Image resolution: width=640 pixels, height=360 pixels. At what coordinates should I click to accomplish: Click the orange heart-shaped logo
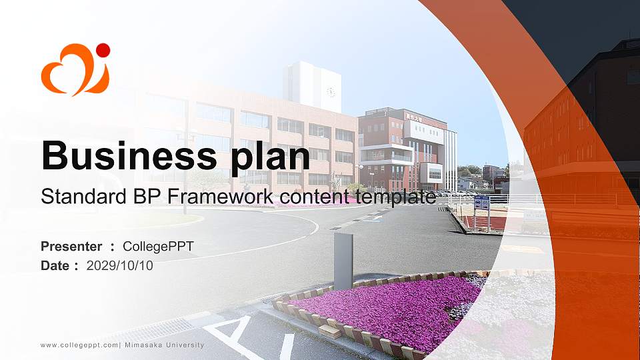click(x=73, y=72)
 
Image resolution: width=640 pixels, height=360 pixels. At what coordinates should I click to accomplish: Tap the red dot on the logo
click(x=103, y=50)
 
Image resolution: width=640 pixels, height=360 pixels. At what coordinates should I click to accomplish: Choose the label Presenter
click(x=71, y=247)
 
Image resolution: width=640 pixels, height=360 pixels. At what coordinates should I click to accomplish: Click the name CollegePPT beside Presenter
click(x=159, y=247)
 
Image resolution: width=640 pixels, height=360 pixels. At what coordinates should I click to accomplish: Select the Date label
click(x=55, y=265)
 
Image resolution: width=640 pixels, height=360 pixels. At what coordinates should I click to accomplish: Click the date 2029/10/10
click(x=120, y=265)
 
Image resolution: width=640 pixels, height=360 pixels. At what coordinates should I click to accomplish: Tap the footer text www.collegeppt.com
click(x=79, y=345)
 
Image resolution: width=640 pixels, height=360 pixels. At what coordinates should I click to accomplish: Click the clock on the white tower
click(x=331, y=91)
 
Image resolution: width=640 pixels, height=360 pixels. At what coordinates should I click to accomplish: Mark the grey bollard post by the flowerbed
click(x=343, y=261)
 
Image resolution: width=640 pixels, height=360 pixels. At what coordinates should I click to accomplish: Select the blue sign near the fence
click(x=481, y=203)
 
